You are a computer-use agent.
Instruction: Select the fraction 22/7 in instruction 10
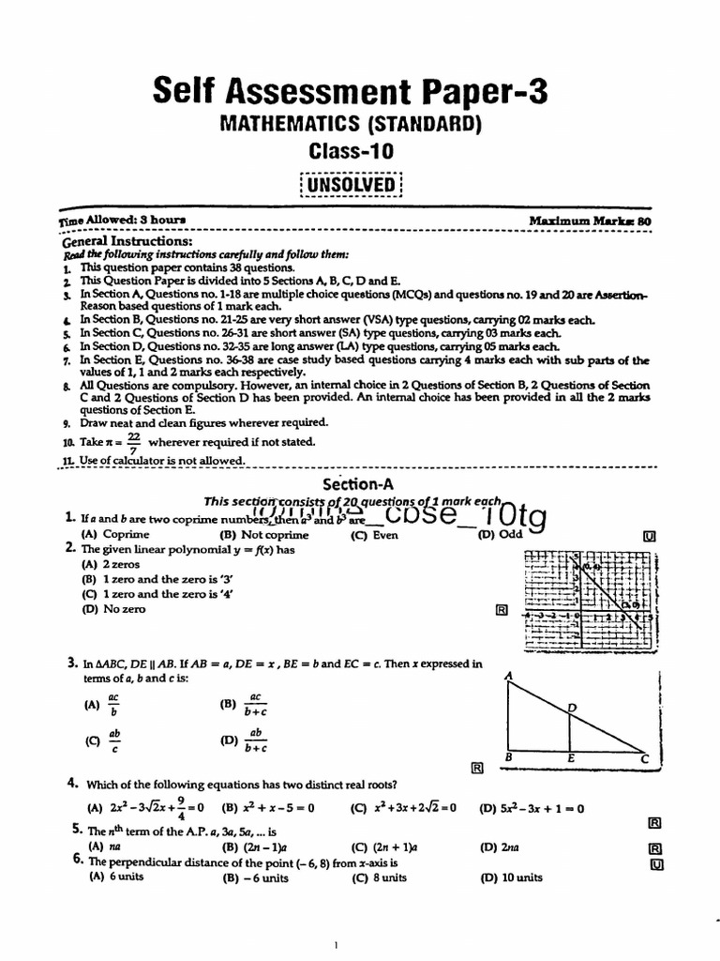pyautogui.click(x=135, y=443)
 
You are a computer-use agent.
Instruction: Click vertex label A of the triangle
pyautogui.click(x=508, y=675)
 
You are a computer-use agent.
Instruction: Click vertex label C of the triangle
pyautogui.click(x=643, y=757)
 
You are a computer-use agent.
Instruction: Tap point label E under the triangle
pyautogui.click(x=571, y=757)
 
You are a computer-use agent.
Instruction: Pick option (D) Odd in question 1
pyautogui.click(x=499, y=535)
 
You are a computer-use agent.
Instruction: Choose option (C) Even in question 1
pyautogui.click(x=374, y=535)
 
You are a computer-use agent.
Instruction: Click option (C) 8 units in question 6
pyautogui.click(x=378, y=877)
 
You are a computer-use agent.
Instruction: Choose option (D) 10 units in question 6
pyautogui.click(x=510, y=877)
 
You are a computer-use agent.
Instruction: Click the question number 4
pyautogui.click(x=71, y=783)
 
